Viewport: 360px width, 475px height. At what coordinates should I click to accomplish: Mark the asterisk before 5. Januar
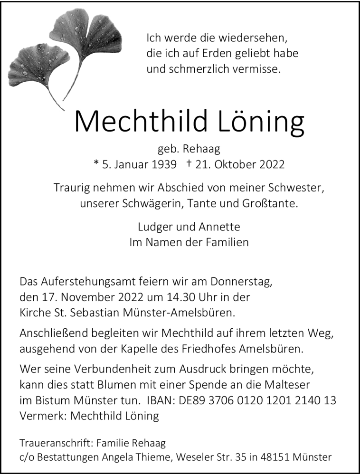(96, 164)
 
